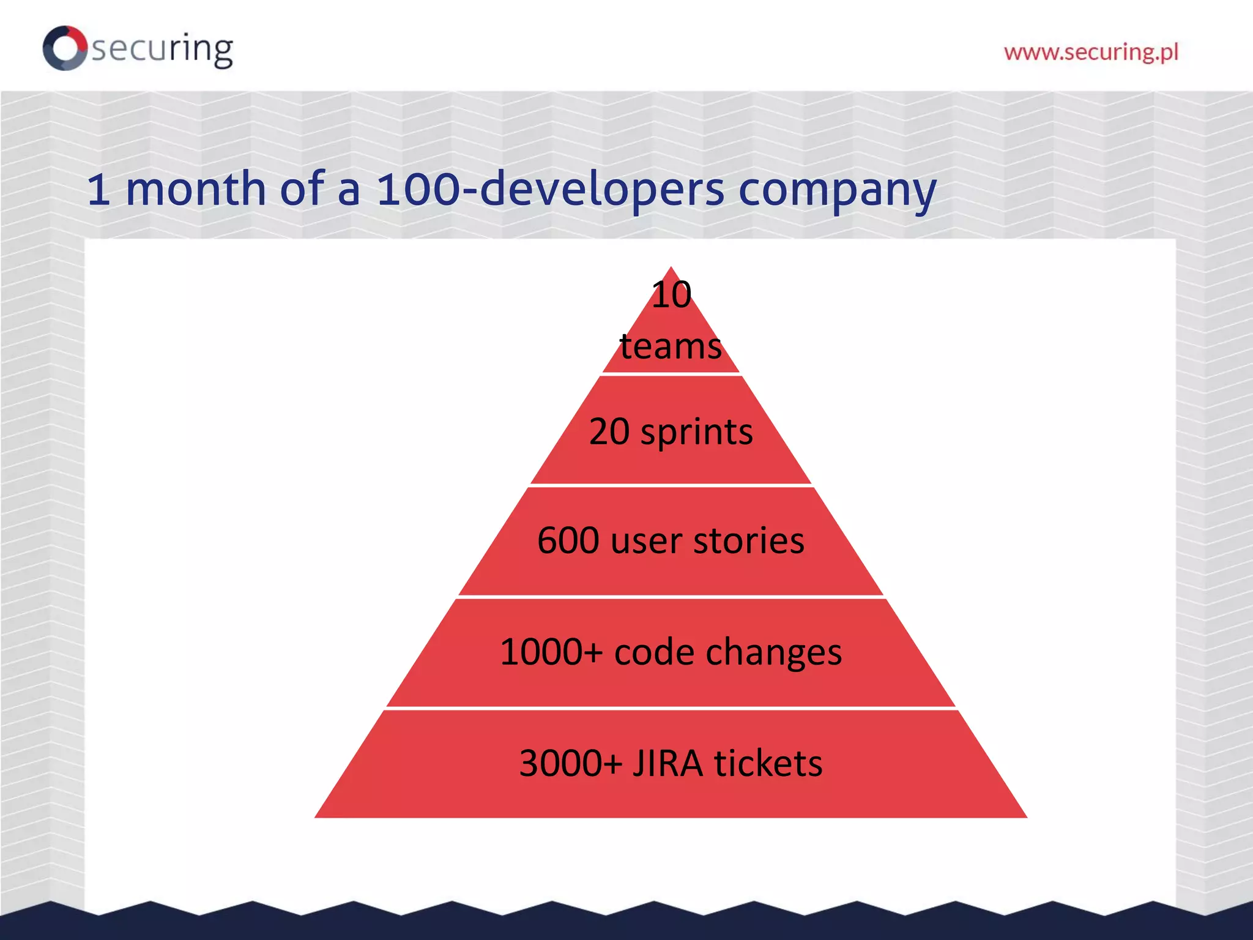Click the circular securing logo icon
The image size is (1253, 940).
coord(65,48)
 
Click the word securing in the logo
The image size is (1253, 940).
coord(162,49)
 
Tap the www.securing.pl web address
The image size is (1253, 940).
coord(1091,53)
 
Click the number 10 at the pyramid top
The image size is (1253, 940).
coord(671,295)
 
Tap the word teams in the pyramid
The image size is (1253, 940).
coord(671,346)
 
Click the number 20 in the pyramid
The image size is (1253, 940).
coord(609,431)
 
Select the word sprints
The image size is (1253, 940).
coord(696,433)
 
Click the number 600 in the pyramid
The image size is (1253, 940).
coord(568,541)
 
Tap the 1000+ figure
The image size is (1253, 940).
coord(551,652)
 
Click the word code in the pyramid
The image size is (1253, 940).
coord(654,652)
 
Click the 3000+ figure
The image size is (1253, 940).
coord(570,764)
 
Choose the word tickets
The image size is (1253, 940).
coord(768,764)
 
